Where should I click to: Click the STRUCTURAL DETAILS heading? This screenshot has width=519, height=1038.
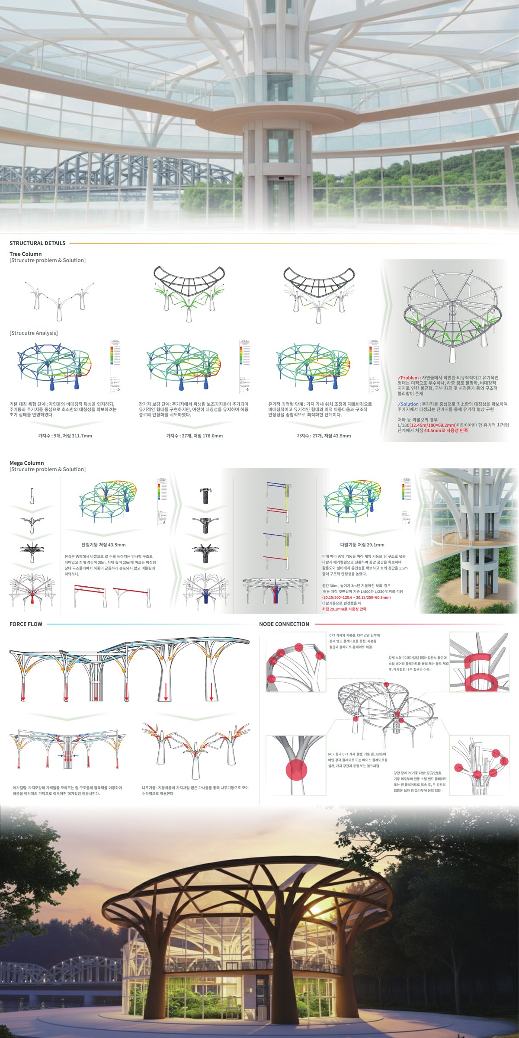tap(38, 243)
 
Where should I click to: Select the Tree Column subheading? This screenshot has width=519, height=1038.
tap(26, 254)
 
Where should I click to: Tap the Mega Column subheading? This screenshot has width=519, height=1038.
tap(27, 463)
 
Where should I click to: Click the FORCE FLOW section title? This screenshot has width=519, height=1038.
tap(26, 624)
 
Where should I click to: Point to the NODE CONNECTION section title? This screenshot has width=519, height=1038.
tap(284, 624)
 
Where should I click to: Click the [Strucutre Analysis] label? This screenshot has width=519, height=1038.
tap(33, 333)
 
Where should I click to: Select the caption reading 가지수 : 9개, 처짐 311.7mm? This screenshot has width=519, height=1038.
tap(65, 436)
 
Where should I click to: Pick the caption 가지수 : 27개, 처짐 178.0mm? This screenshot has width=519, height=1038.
tap(195, 436)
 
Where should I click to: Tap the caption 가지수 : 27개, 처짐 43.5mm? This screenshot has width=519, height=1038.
tap(324, 436)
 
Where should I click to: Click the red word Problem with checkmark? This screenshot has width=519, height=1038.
tap(408, 378)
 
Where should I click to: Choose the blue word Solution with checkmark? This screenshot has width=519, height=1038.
tap(408, 404)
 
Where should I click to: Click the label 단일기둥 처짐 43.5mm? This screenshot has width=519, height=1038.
tap(103, 545)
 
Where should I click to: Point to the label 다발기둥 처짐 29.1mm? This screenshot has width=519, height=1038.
tap(362, 545)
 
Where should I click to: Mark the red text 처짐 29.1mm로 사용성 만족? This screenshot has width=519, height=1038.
tap(344, 609)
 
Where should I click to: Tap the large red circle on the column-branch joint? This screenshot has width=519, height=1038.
tap(296, 771)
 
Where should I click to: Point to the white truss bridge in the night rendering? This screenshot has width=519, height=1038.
tap(61, 965)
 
